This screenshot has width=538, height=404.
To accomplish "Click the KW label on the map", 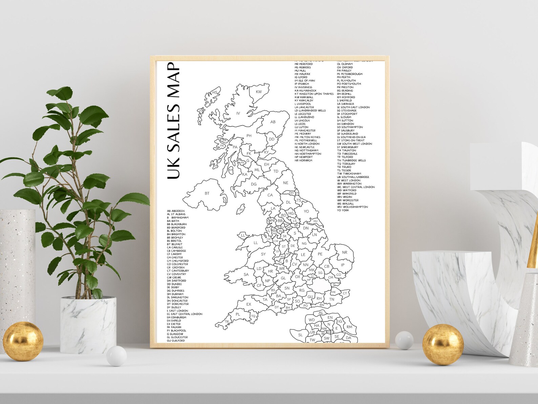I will pyautogui.click(x=258, y=92).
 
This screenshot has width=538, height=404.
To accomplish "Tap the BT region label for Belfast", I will pyautogui.click(x=207, y=193).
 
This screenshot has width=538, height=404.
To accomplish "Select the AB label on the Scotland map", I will pyautogui.click(x=273, y=122).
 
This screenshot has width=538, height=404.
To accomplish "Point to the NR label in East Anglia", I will pyautogui.click(x=345, y=252).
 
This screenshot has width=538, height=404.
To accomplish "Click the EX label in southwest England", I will pyautogui.click(x=249, y=304).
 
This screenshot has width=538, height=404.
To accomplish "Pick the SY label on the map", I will pyautogui.click(x=263, y=254).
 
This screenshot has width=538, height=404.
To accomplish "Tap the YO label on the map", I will pyautogui.click(x=306, y=211).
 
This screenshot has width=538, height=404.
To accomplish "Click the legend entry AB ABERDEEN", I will pyautogui.click(x=176, y=211).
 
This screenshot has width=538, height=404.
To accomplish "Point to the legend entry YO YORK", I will pyautogui.click(x=343, y=210).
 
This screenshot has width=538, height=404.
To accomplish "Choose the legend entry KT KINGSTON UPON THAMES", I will pyautogui.click(x=314, y=94).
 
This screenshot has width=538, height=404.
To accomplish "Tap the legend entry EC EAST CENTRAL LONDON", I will pyautogui.click(x=185, y=314).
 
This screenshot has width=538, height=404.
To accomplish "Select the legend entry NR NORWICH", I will pyautogui.click(x=303, y=160).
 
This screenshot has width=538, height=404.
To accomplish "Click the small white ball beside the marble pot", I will pyautogui.click(x=116, y=357).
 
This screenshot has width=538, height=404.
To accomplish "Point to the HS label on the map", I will pyautogui.click(x=215, y=93).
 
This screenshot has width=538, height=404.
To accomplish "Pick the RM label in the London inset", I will pyautogui.click(x=349, y=327).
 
